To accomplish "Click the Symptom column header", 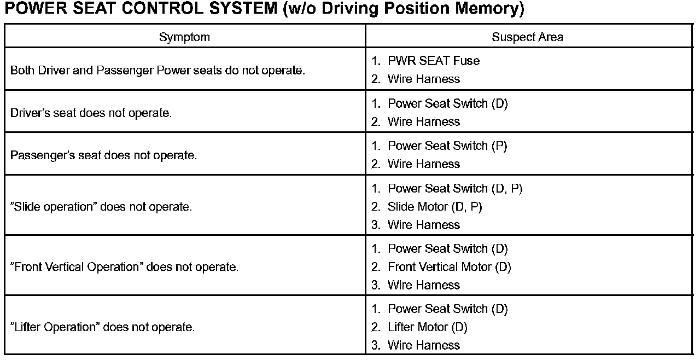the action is coord(184,37).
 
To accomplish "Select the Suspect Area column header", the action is coord(527,37).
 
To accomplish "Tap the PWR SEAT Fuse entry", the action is coord(433,61).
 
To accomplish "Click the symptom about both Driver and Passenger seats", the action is coord(157,71).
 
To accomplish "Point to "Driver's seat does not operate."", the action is coord(91,113).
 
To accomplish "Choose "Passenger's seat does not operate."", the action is coord(103,155).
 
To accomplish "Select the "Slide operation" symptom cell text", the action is coord(101,207).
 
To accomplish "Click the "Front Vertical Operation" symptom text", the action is coord(125,267).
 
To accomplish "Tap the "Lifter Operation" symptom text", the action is coord(102,327).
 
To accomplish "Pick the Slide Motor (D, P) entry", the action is coord(435,207).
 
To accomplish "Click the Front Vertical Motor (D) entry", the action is coord(449,267).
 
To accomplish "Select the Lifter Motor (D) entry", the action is coord(427,327).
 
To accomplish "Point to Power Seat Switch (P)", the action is coord(447,146).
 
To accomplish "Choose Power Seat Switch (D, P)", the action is coord(455,189).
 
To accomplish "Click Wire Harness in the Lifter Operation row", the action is coord(424,345).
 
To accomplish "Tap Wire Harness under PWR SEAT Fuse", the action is coord(424,79).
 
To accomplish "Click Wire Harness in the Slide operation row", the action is coord(424,225).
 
